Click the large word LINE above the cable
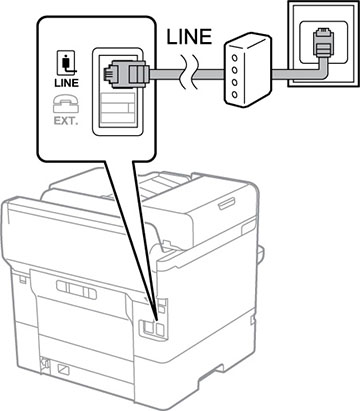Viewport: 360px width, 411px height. tap(189, 37)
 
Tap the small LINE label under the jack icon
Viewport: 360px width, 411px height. tap(66, 83)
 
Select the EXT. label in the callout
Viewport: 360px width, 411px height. tap(66, 121)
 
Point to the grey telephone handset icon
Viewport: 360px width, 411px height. tap(66, 104)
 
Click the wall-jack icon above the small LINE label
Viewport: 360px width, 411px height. tap(67, 63)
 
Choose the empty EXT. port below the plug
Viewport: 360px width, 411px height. tap(118, 107)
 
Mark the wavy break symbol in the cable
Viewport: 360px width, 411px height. tap(189, 74)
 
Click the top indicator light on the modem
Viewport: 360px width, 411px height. tap(234, 58)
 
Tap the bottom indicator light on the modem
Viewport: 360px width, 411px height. tap(235, 95)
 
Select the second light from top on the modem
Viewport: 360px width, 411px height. tap(234, 70)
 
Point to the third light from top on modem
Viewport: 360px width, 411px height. tap(235, 83)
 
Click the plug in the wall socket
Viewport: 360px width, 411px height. tap(321, 43)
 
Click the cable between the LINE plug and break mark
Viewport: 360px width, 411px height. tap(166, 74)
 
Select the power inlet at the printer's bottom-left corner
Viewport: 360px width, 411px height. tap(43, 363)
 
